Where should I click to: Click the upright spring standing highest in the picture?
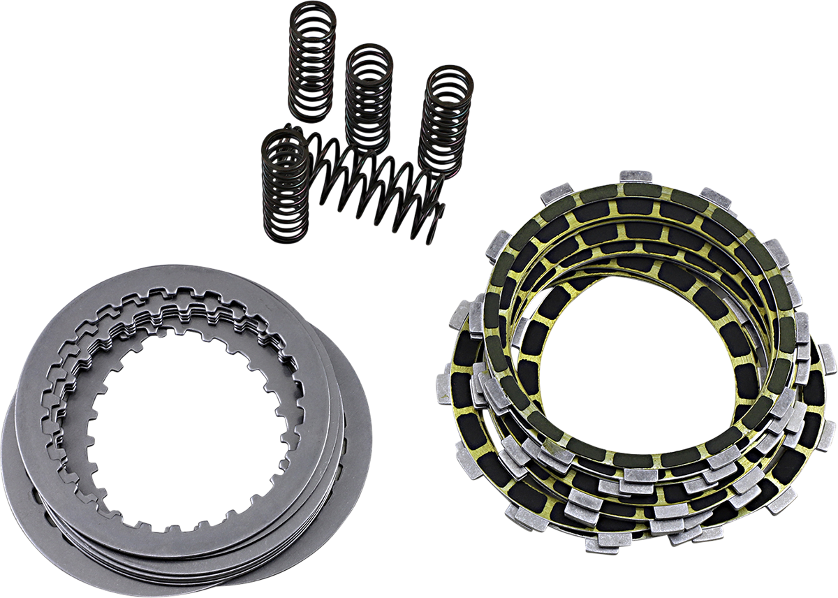pos(311,66)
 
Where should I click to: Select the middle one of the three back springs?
pos(369,98)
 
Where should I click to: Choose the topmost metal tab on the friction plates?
pos(635,175)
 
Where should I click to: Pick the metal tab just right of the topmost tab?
pos(715,197)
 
